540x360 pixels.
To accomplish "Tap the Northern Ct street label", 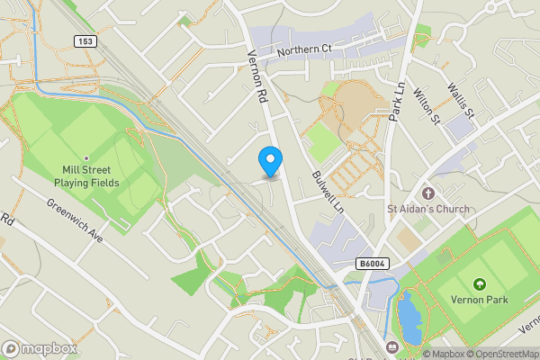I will [x=305, y=50].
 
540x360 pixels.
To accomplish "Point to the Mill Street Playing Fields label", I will [x=86, y=175].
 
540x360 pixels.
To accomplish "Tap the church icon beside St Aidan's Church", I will [x=427, y=193].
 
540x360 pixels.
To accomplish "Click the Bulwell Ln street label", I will [x=328, y=191].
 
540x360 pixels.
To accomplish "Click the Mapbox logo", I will [x=40, y=348].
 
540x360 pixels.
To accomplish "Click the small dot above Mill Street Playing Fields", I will [x=86, y=157].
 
